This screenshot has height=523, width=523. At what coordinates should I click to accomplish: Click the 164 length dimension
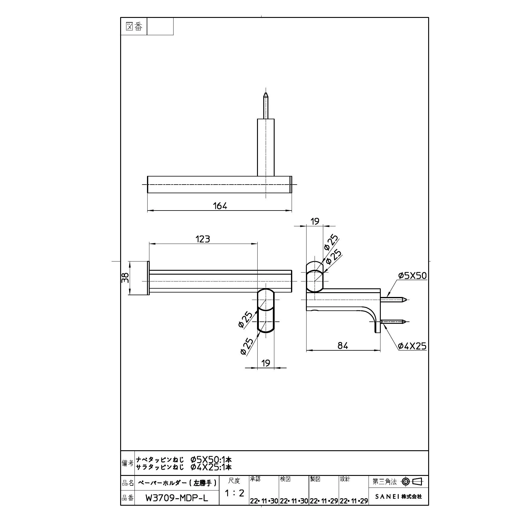pyautogui.click(x=220, y=206)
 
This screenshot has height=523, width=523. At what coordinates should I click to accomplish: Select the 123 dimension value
pyautogui.click(x=203, y=239)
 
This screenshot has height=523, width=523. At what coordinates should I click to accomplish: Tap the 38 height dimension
pyautogui.click(x=126, y=278)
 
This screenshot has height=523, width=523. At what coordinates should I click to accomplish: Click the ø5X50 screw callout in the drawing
pyautogui.click(x=412, y=276)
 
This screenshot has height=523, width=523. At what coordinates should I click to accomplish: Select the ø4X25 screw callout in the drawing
pyautogui.click(x=412, y=346)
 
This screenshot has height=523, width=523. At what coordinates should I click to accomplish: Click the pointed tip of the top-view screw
pyautogui.click(x=266, y=93)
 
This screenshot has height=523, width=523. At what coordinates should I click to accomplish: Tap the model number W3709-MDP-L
pyautogui.click(x=177, y=498)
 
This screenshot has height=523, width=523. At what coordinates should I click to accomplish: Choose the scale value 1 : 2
pyautogui.click(x=234, y=493)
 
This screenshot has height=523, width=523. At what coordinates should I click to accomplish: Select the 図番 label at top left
pyautogui.click(x=134, y=27)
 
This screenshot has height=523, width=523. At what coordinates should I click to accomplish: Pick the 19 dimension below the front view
pyautogui.click(x=266, y=363)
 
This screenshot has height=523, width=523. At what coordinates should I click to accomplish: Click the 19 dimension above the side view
pyautogui.click(x=315, y=221)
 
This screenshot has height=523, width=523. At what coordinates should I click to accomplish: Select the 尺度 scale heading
pyautogui.click(x=234, y=481)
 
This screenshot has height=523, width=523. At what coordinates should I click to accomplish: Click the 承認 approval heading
pyautogui.click(x=255, y=479)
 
